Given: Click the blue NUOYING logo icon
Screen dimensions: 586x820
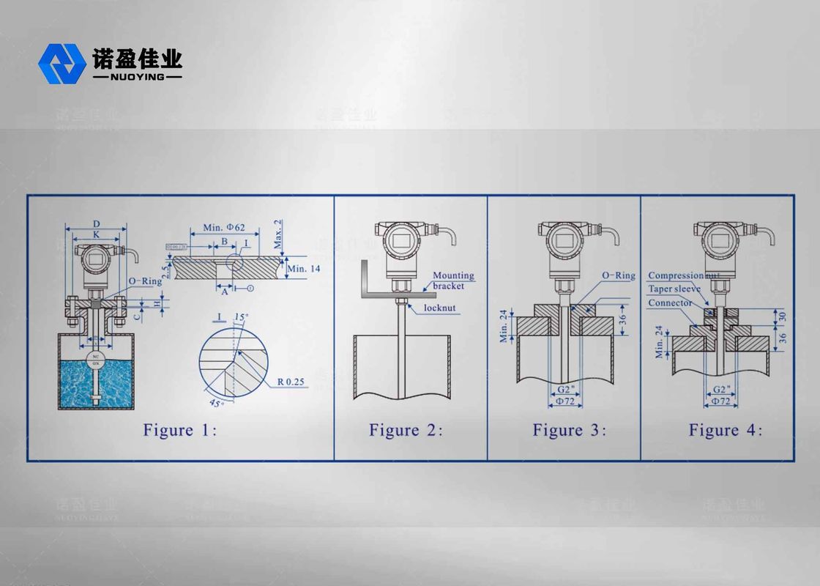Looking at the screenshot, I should point(62,63).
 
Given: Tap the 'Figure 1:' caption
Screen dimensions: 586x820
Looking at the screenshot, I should point(179,430).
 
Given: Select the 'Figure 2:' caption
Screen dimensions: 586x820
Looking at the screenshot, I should point(406,430).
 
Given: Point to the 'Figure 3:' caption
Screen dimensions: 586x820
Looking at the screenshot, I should point(569,430).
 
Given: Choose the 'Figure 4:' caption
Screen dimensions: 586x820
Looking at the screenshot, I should point(725,430).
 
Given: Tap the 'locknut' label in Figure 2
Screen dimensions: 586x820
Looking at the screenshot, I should point(441,308).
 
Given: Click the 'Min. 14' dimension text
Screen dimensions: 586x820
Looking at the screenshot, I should point(304,269).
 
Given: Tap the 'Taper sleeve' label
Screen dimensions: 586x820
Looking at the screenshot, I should point(674,289).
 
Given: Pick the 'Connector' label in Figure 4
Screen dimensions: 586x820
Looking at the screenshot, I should point(669,303).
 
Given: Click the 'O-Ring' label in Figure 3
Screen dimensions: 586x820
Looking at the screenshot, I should point(618,275).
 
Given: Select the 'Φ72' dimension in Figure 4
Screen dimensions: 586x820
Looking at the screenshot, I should point(719,401).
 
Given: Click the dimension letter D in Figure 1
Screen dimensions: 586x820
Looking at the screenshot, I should point(97,223).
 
